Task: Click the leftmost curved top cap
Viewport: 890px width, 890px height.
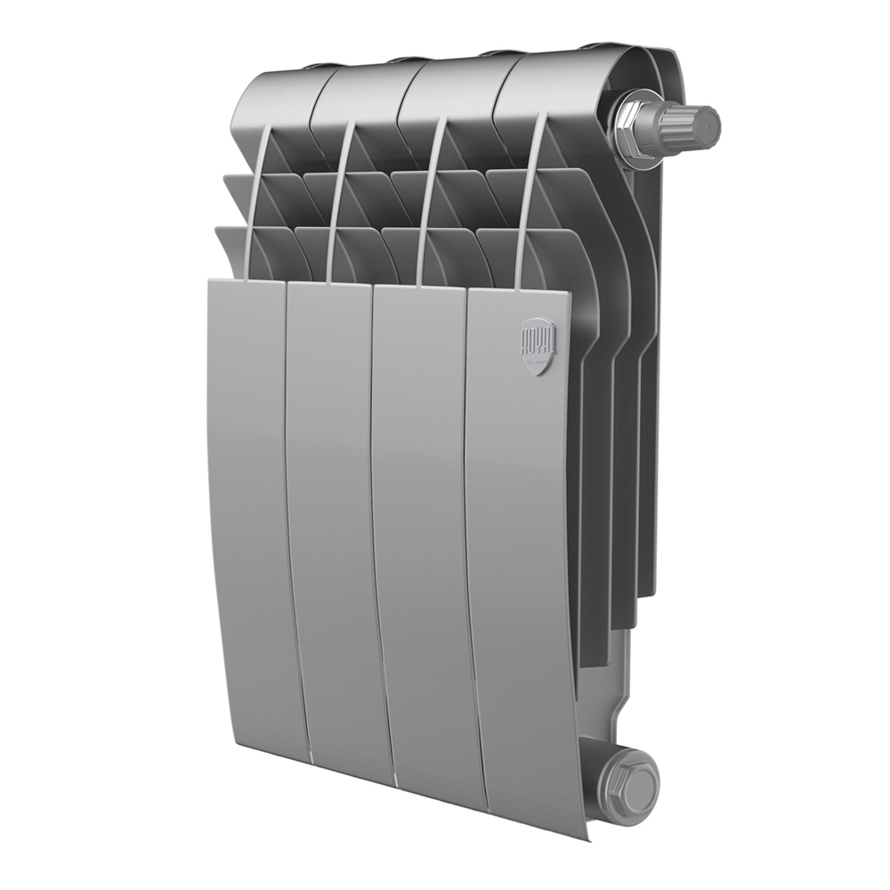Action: pyautogui.click(x=276, y=98)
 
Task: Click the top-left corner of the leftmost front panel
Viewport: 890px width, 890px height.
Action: pyautogui.click(x=210, y=280)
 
